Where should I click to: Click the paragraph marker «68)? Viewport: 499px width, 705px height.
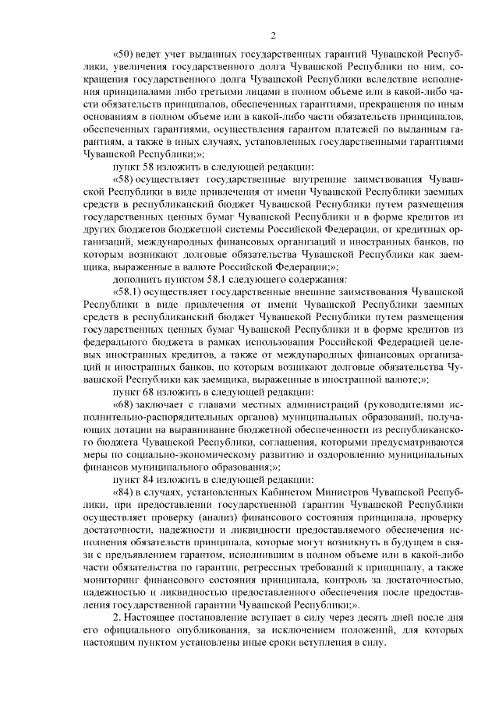[126, 405]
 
